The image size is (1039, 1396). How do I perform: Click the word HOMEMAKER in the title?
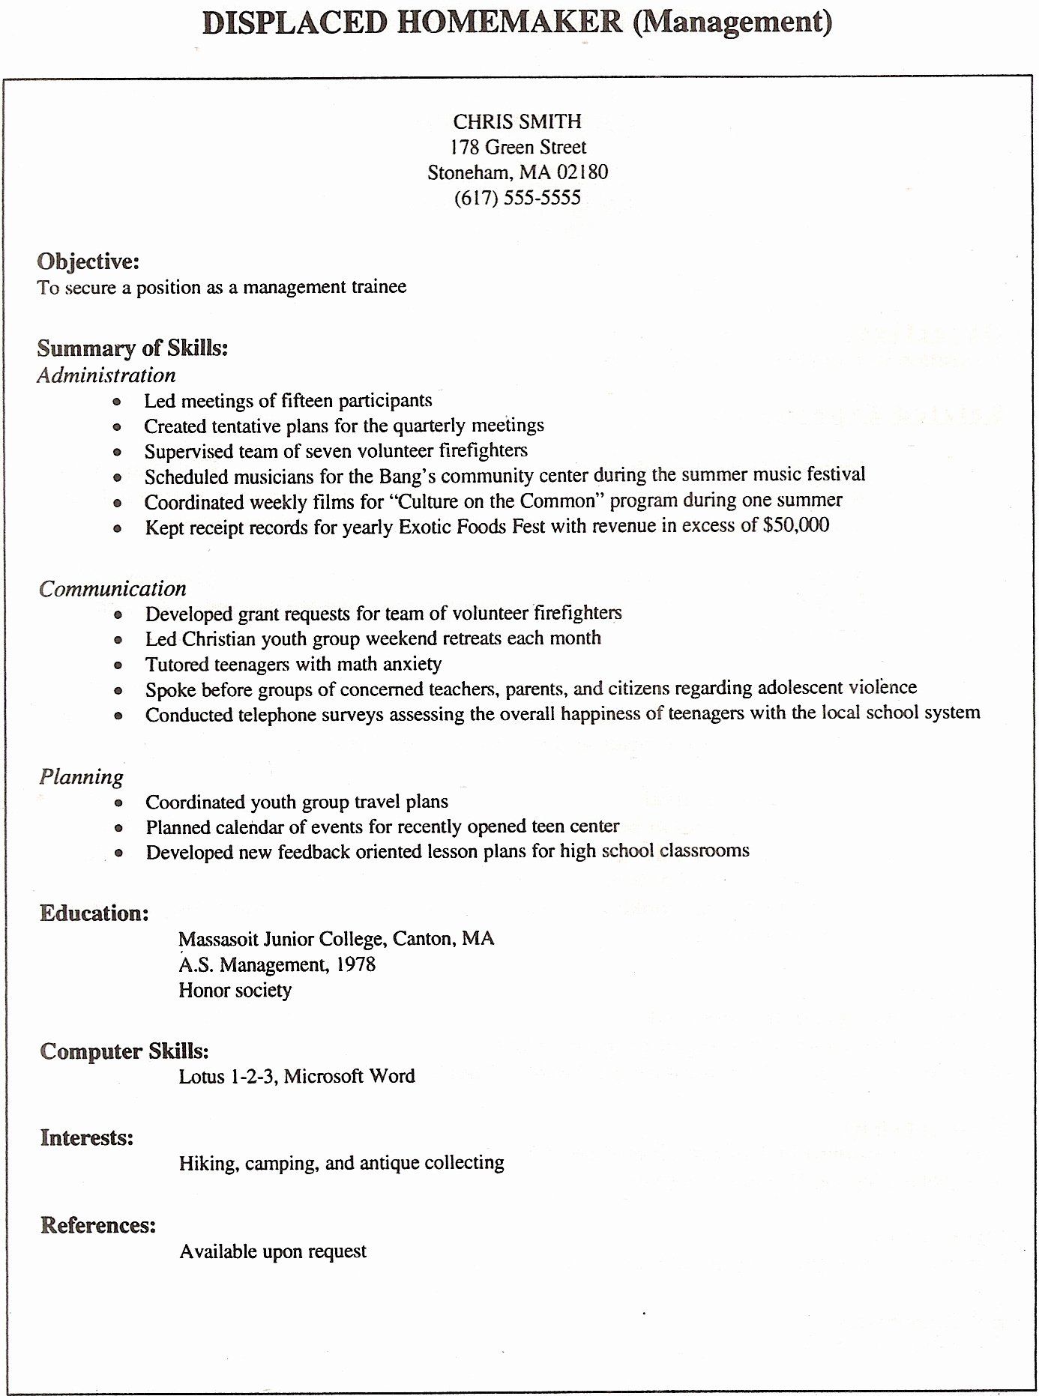(509, 23)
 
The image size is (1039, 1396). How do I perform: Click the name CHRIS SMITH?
(517, 121)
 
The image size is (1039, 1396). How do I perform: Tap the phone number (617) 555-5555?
(517, 198)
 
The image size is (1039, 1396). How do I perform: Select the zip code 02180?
(582, 172)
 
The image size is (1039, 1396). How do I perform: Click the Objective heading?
(88, 262)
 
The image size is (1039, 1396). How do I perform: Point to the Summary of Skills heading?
(133, 348)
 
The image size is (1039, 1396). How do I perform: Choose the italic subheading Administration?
(106, 375)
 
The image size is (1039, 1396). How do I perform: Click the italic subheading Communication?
(112, 588)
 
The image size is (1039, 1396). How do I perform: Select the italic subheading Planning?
(81, 777)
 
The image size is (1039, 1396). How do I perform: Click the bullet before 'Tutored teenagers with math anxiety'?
(118, 665)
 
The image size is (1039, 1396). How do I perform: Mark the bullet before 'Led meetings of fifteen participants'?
(117, 402)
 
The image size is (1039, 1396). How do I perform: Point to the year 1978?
(356, 964)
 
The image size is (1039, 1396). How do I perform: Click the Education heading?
(94, 913)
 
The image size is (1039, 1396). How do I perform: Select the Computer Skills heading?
(124, 1051)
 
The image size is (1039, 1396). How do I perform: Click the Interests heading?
(86, 1138)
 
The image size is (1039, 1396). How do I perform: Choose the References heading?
(97, 1225)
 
